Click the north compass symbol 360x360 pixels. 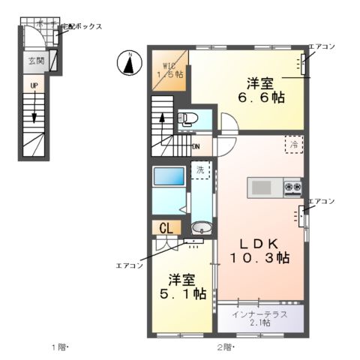(129, 63)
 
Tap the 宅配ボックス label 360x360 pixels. (80, 26)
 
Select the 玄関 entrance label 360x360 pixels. (37, 61)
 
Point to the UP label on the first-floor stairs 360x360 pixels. (34, 85)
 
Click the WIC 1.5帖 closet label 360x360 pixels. (169, 70)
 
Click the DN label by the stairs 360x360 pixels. (196, 147)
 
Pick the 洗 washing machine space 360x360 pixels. (200, 170)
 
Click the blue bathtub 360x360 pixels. (169, 177)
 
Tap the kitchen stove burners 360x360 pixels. (292, 186)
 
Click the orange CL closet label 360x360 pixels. (166, 228)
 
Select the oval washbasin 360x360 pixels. (200, 228)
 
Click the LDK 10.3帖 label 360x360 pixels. (262, 250)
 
